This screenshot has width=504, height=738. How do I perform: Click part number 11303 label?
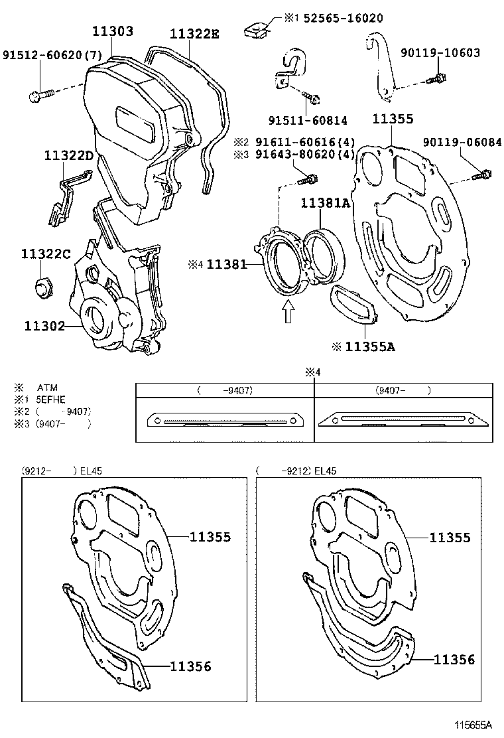point(112,31)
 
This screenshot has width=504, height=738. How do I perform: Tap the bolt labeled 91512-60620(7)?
point(36,96)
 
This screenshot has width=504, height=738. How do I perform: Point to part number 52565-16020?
point(343,18)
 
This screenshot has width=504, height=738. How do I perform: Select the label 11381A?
point(325,204)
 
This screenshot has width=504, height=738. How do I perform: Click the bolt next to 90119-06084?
point(484,175)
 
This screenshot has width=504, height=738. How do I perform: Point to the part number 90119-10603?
point(440,53)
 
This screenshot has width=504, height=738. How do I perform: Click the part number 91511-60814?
point(307,120)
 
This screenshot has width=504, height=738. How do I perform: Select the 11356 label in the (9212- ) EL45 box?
point(191,666)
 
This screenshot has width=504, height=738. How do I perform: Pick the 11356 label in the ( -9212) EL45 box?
point(454,659)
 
